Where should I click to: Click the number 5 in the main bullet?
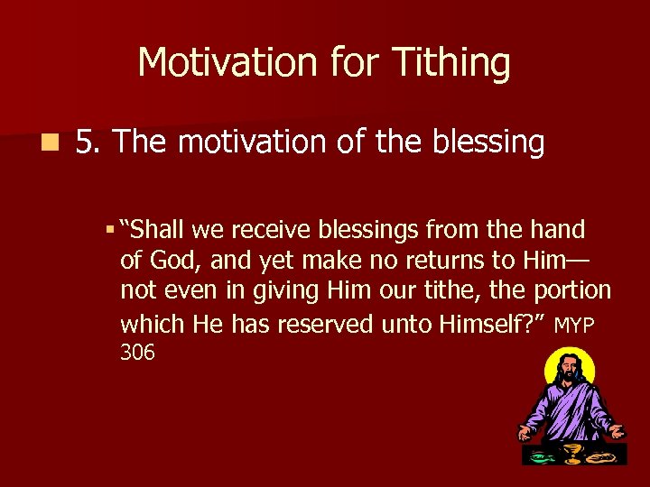(x=87, y=142)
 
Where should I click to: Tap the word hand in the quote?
(x=560, y=230)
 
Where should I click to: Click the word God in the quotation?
(x=165, y=261)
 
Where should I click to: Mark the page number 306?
(x=137, y=353)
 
